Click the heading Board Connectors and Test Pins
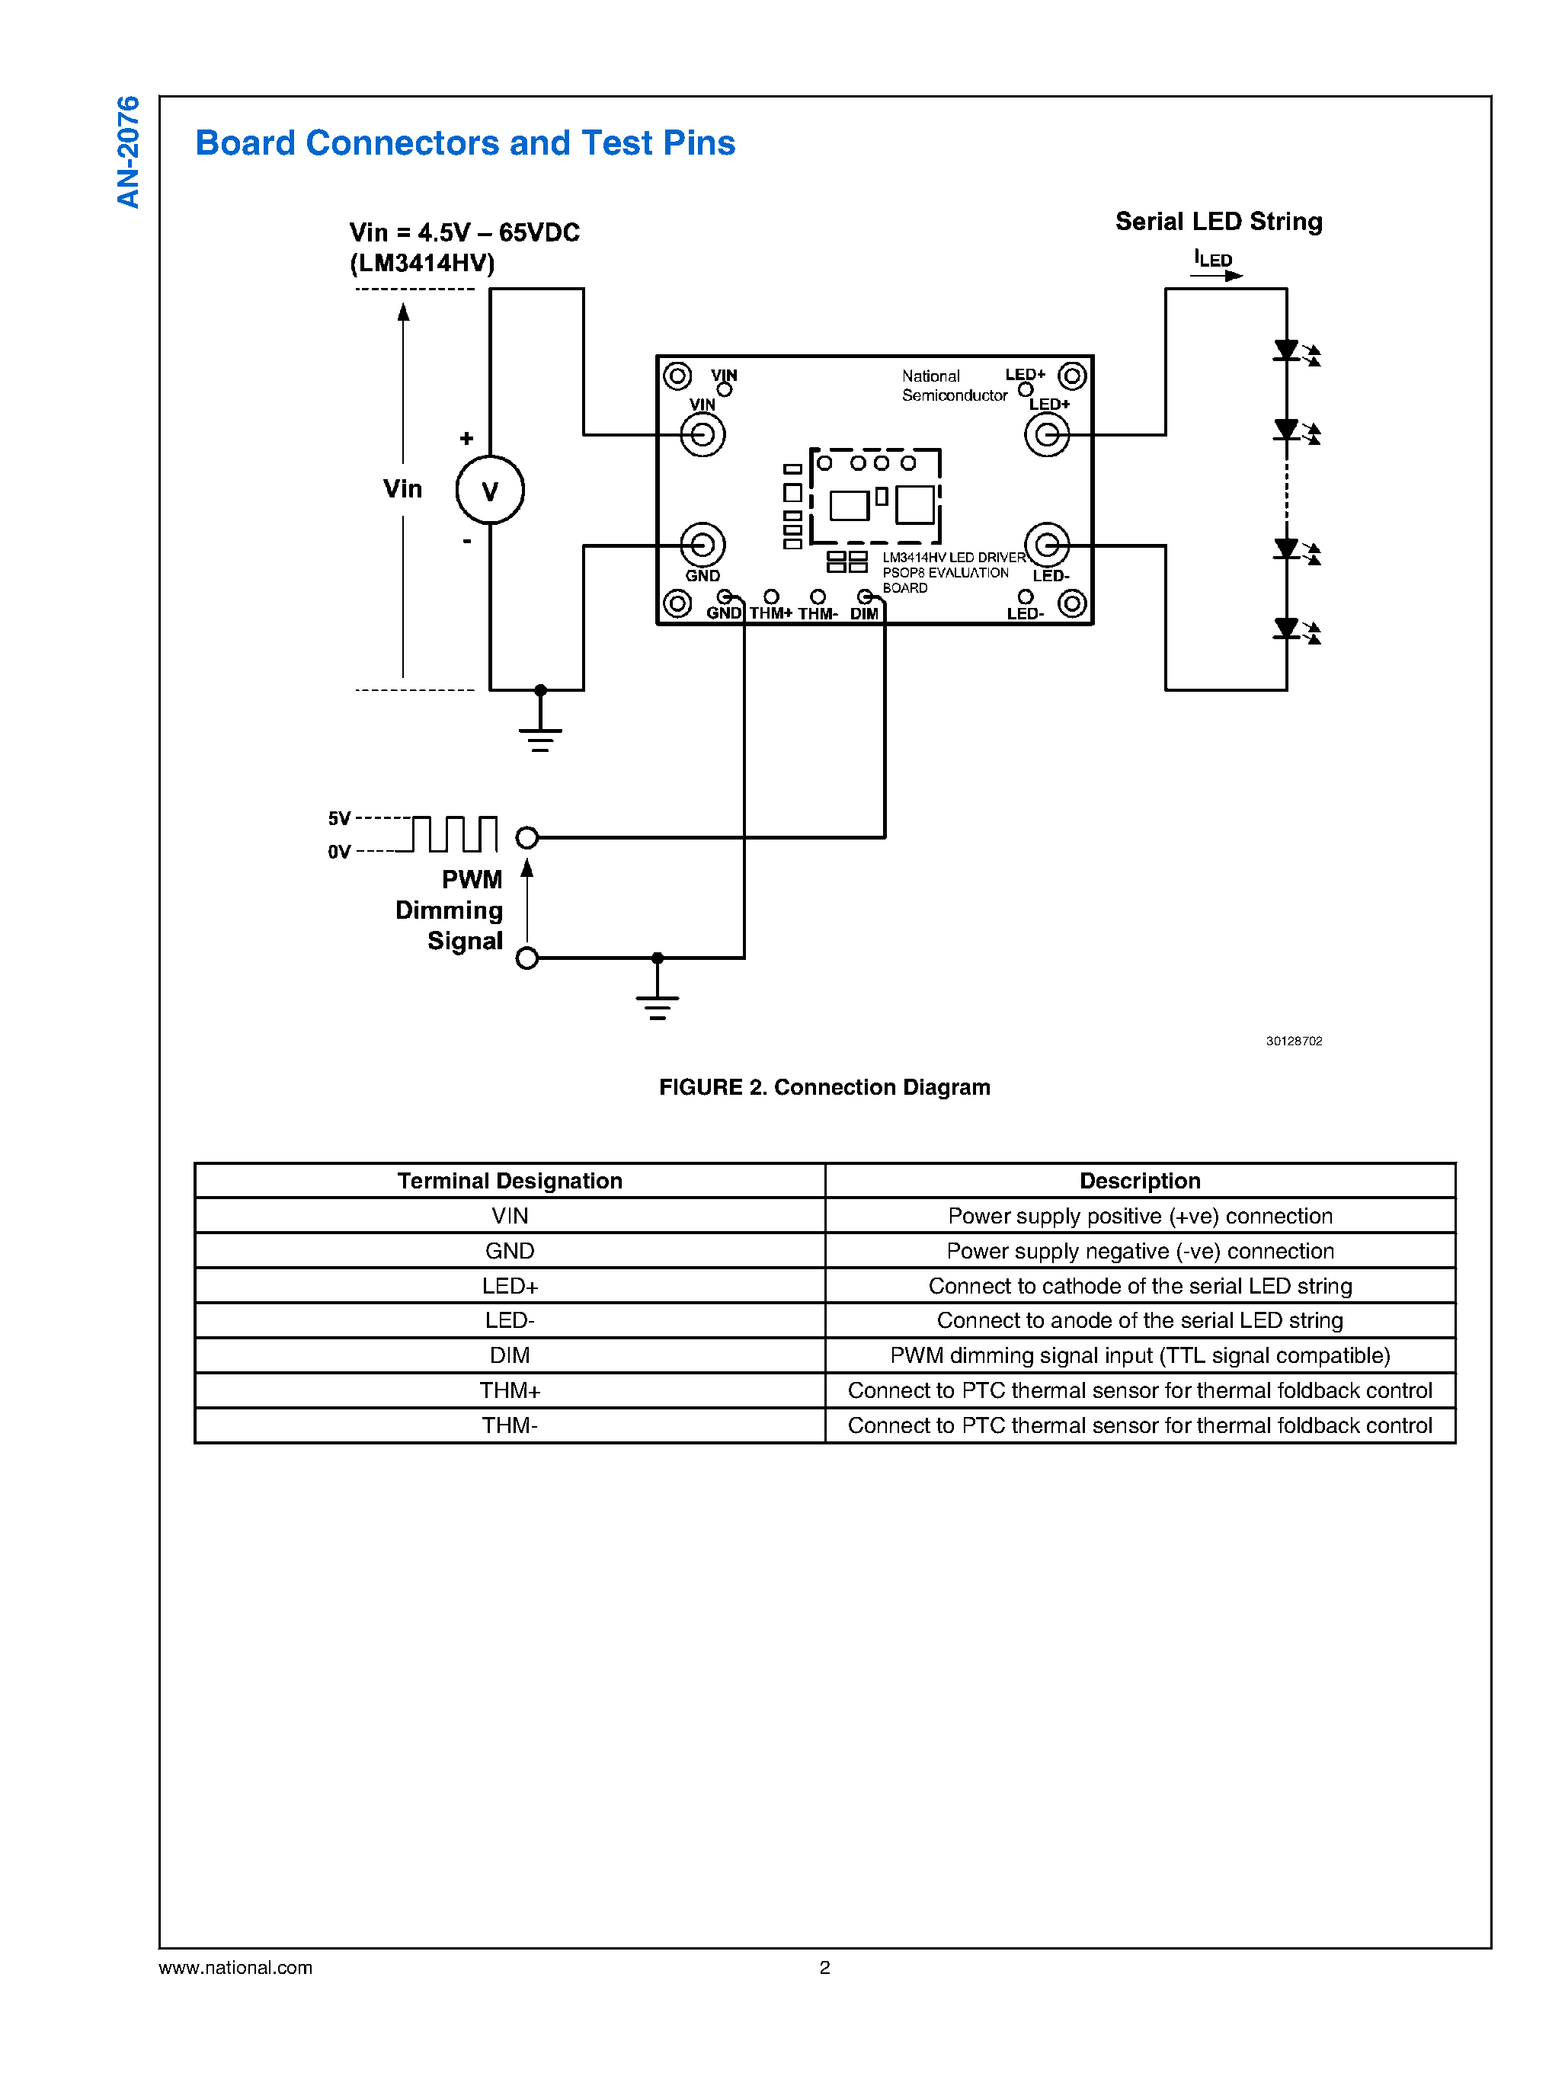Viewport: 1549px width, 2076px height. (x=464, y=142)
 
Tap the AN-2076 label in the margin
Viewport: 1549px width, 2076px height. (x=129, y=152)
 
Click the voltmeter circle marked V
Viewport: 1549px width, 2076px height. (x=489, y=491)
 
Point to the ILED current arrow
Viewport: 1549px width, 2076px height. (x=1217, y=275)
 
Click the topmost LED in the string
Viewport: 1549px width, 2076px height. (x=1286, y=350)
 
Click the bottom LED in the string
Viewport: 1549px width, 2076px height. (x=1286, y=629)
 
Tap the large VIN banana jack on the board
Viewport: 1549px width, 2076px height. (x=702, y=435)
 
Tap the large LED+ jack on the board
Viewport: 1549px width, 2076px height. (x=1046, y=435)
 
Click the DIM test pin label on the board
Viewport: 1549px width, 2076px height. (x=863, y=613)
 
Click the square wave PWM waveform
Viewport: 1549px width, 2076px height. (x=455, y=833)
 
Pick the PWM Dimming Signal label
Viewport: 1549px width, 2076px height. (x=450, y=910)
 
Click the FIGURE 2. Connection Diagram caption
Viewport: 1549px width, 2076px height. (x=824, y=1087)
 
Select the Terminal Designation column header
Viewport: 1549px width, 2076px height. (x=509, y=1181)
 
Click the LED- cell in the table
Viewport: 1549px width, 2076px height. (x=509, y=1320)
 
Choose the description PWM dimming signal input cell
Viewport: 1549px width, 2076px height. (x=1139, y=1355)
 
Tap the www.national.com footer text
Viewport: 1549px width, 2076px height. (x=235, y=1967)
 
